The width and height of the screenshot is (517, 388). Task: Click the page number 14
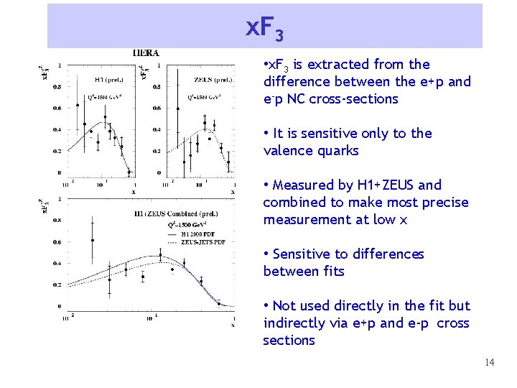pos(489,362)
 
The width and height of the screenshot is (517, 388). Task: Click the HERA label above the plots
pos(146,52)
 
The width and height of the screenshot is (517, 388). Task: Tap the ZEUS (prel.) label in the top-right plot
pos(213,80)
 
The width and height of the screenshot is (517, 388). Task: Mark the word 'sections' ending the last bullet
pos(289,341)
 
